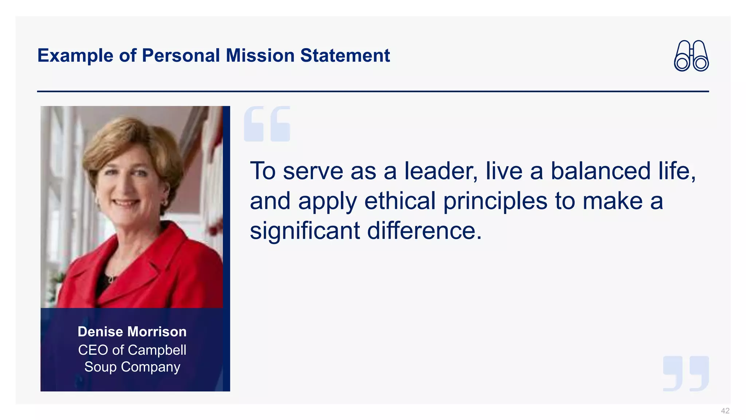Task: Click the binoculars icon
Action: point(691,56)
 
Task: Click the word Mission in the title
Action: point(260,56)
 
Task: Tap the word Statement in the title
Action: point(345,56)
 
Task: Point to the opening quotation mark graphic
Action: point(267,124)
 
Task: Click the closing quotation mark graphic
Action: point(686,373)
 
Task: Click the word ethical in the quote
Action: point(400,201)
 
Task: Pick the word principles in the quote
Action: point(495,202)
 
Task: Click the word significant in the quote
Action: point(305,231)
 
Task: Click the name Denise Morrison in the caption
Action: point(132,332)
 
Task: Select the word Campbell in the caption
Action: point(157,350)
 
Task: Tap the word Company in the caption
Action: point(150,367)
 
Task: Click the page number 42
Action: point(725,411)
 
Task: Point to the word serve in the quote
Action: point(313,171)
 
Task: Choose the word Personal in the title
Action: point(181,56)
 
